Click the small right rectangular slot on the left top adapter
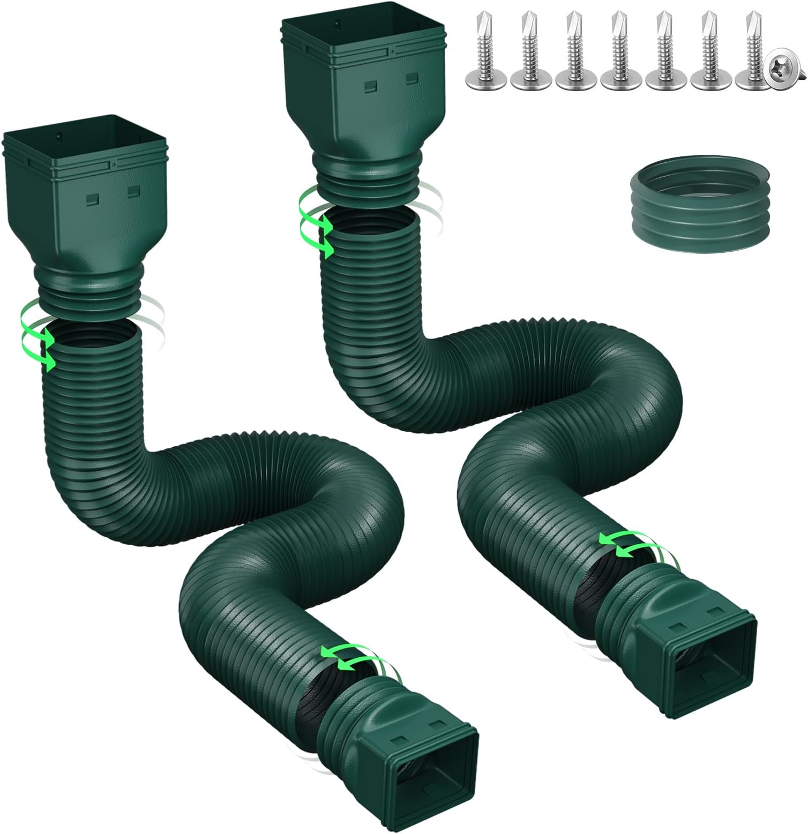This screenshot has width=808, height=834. click(132, 190)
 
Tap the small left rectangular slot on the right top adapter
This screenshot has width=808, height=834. click(369, 85)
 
